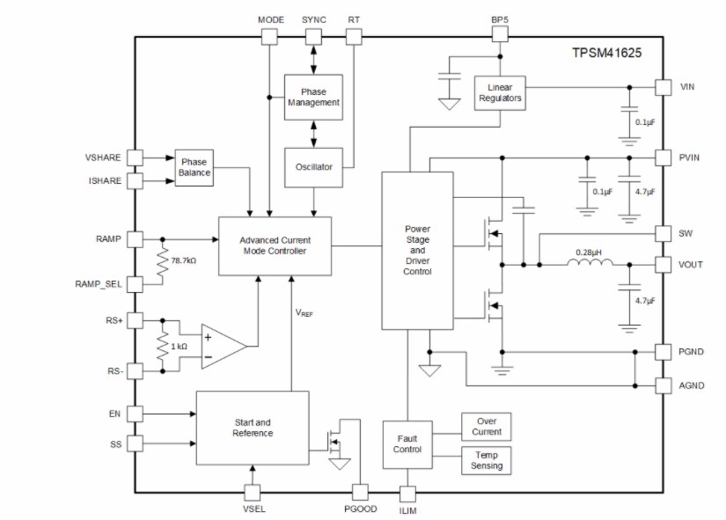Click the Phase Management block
(x=313, y=97)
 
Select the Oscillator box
(x=313, y=167)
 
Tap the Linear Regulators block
(x=500, y=92)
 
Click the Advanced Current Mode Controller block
(x=275, y=245)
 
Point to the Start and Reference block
(x=253, y=428)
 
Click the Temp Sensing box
(x=486, y=459)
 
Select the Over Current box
(x=486, y=426)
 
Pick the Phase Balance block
(x=194, y=167)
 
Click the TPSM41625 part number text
(x=607, y=54)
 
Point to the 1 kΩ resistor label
(x=179, y=347)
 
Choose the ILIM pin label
(x=408, y=510)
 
